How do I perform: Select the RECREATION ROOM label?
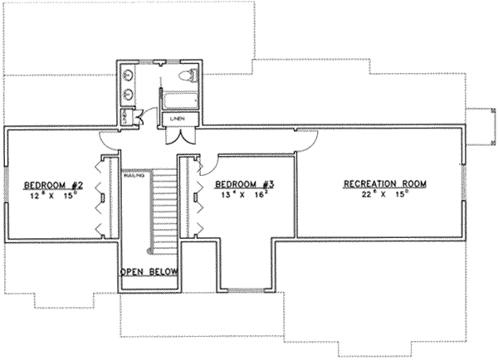[x=373, y=183]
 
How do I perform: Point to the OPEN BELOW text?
[x=150, y=271]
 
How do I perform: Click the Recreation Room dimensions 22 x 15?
[x=373, y=196]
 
